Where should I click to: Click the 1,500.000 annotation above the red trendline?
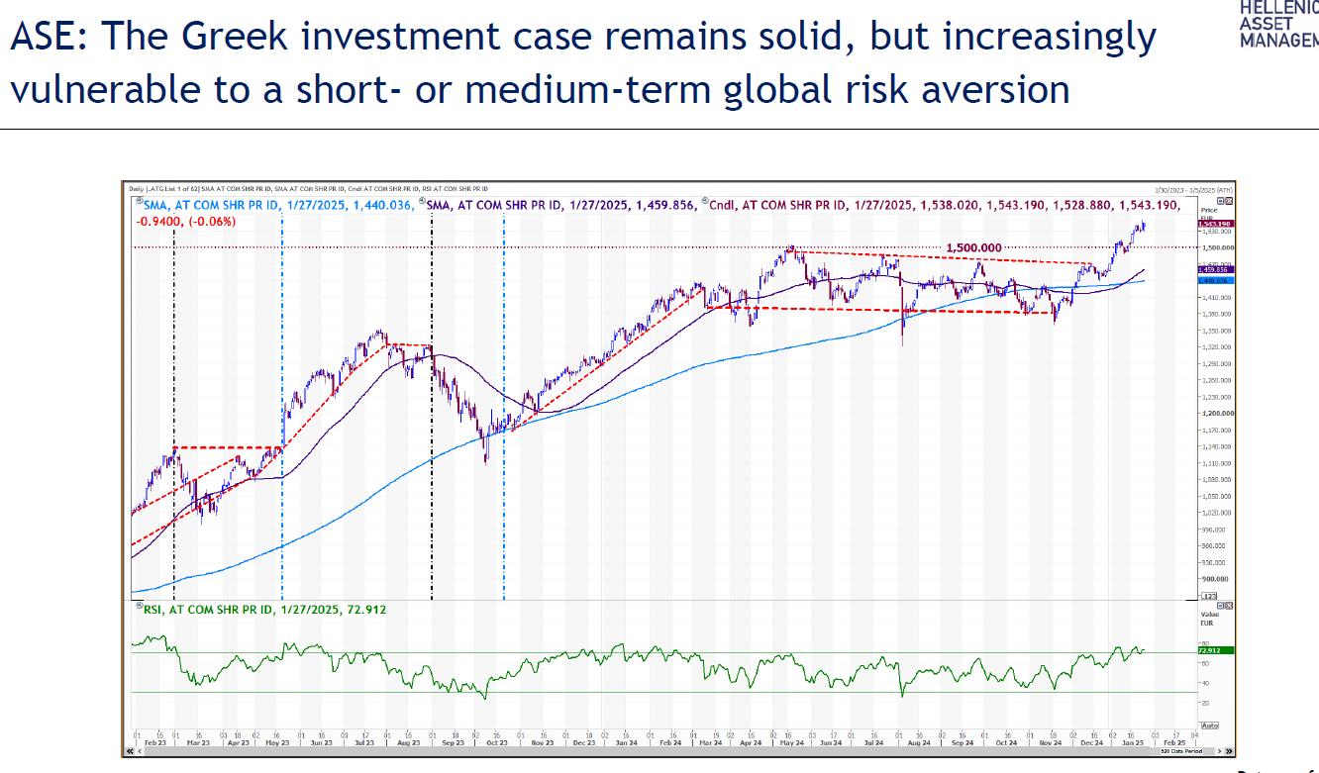[974, 247]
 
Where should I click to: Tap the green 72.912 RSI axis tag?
[1208, 650]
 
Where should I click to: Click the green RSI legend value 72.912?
[364, 610]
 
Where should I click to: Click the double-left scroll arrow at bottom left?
[127, 752]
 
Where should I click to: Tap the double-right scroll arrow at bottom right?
[1230, 752]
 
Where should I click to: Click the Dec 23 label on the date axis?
[582, 741]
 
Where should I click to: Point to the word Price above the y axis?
[1208, 211]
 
